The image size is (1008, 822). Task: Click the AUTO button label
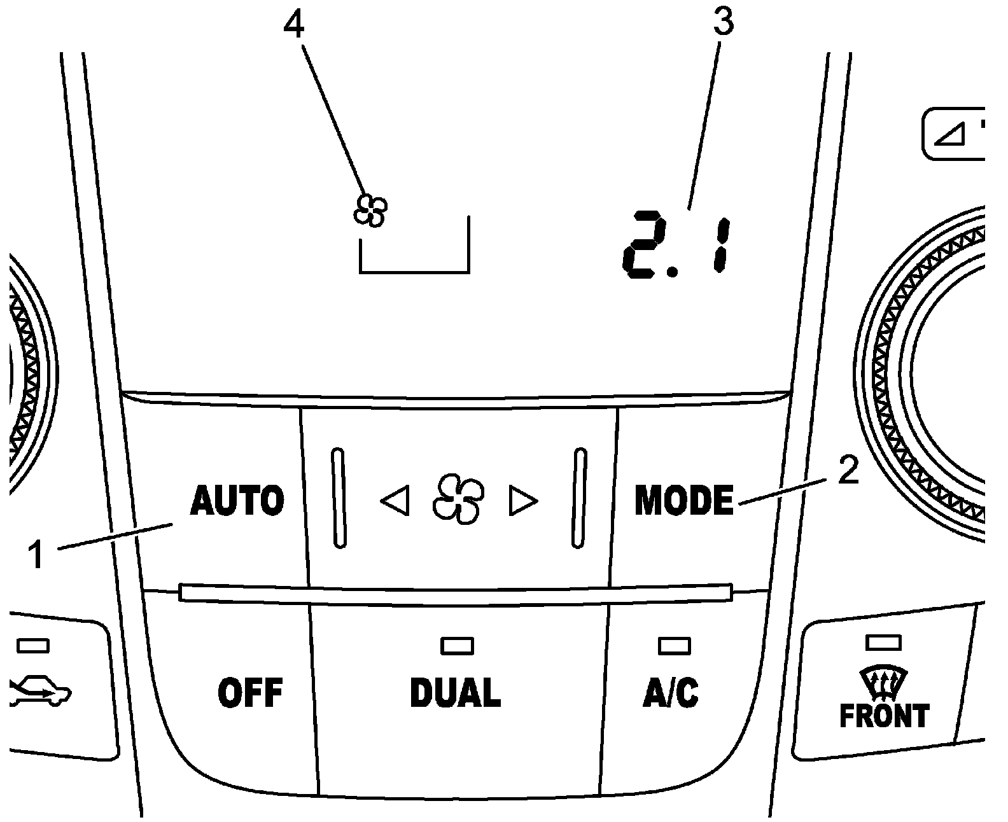[x=237, y=501]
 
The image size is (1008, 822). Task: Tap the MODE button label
[x=683, y=501]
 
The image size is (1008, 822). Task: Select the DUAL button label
[x=456, y=693]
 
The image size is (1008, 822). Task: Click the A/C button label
[x=671, y=693]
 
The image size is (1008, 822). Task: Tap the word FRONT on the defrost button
[x=884, y=716]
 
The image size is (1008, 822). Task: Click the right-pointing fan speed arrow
[x=523, y=502]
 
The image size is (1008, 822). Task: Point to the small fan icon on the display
[x=370, y=210]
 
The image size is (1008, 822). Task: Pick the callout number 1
[x=36, y=555]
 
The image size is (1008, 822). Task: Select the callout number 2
[x=848, y=471]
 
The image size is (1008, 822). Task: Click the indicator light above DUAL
[x=457, y=646]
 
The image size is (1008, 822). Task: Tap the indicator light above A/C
[x=674, y=646]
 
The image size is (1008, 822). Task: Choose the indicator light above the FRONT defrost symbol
[x=883, y=643]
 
